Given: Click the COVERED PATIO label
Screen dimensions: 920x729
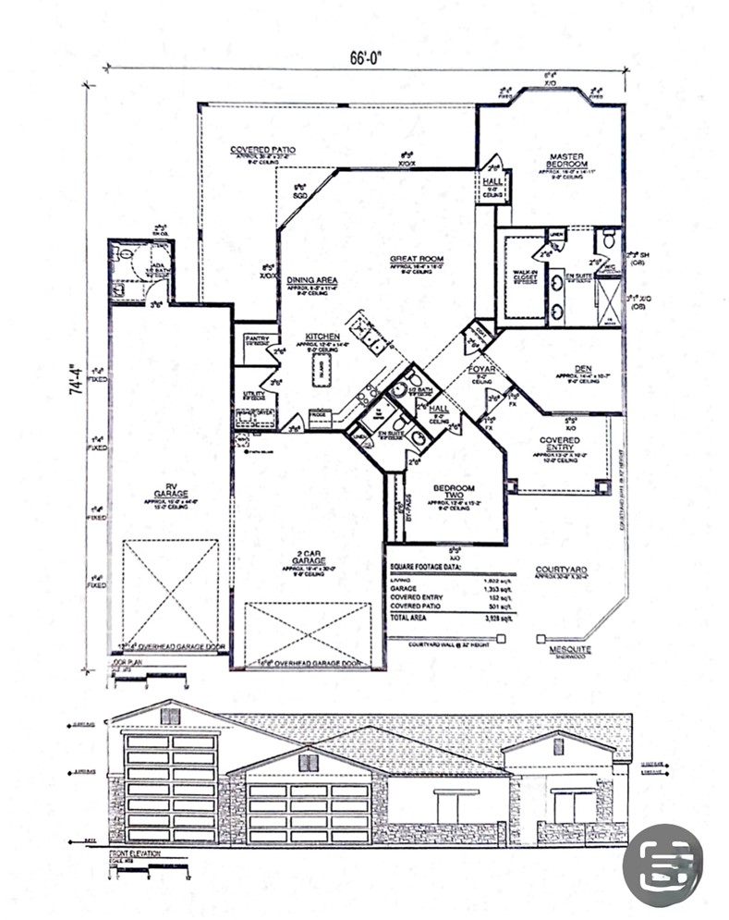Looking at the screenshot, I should coord(262,150).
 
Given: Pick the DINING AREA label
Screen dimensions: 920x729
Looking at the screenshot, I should coord(311,280).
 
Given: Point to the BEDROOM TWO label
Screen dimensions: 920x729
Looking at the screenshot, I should coord(454,492).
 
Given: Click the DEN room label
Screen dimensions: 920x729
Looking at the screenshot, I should coord(583,368).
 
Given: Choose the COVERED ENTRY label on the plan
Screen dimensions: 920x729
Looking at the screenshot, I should coord(559,446).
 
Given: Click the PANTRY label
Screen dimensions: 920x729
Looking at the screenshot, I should coord(256,338).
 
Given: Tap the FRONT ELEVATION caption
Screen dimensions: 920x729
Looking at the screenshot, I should coord(135,853).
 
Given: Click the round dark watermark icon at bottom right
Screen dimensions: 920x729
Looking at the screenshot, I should coord(662,865).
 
